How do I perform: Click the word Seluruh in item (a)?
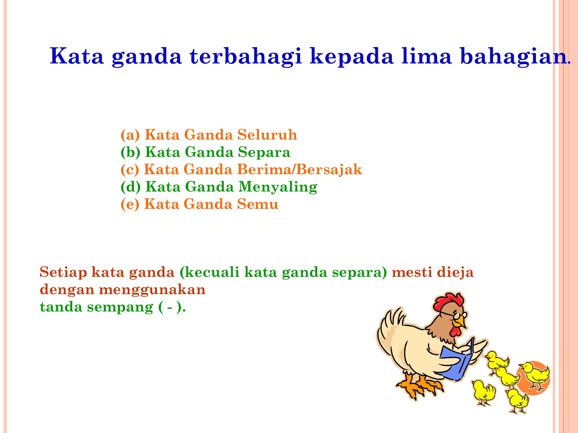click(x=267, y=135)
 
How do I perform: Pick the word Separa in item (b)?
click(x=264, y=152)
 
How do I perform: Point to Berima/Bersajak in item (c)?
click(x=299, y=169)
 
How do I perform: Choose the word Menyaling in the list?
click(x=278, y=187)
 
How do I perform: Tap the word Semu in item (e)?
click(x=258, y=204)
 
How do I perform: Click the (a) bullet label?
click(x=130, y=135)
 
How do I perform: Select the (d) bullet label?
click(x=130, y=187)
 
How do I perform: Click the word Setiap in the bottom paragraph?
click(x=63, y=272)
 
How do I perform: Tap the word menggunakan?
click(x=152, y=290)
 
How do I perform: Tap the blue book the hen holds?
click(x=456, y=362)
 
